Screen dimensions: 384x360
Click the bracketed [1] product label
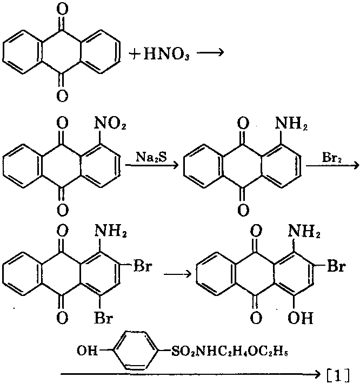point(341,373)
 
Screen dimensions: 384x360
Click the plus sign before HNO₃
point(134,55)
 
